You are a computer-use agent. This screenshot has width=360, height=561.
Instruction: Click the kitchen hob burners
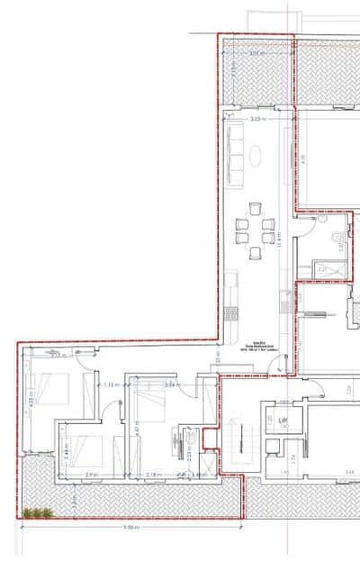click(x=231, y=312)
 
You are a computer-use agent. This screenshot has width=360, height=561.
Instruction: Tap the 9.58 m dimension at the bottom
click(x=131, y=528)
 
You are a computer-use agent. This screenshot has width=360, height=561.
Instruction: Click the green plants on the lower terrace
click(x=37, y=513)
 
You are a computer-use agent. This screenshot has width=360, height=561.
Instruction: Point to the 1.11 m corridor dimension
click(x=112, y=385)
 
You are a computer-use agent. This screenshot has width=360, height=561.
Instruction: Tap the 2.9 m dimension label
click(x=90, y=475)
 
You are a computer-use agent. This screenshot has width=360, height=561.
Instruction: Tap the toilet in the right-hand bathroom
click(x=336, y=240)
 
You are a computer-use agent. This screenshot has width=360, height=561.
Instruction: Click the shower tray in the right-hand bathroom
click(x=329, y=267)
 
